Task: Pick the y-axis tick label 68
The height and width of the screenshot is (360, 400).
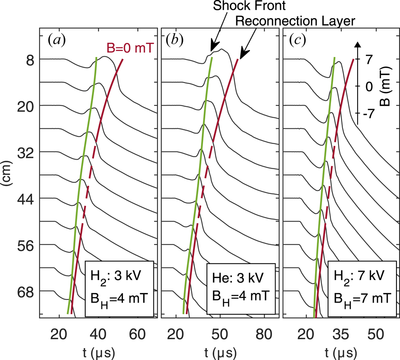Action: (25, 291)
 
